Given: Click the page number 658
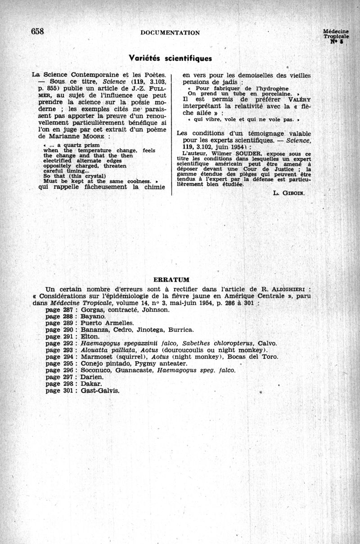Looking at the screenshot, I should (37, 31).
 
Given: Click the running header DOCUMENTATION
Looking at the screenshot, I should (170, 32).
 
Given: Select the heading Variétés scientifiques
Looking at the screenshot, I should (170, 59).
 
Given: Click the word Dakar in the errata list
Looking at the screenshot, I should (92, 384).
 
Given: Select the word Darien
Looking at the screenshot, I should (92, 377).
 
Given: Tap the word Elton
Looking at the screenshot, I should (90, 336).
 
